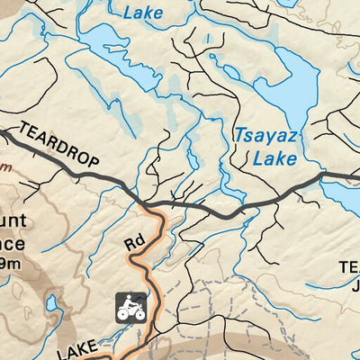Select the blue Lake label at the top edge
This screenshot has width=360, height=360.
[x=144, y=13]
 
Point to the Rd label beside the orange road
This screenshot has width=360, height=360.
[x=134, y=243]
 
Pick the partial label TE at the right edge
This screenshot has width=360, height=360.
[x=348, y=267]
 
